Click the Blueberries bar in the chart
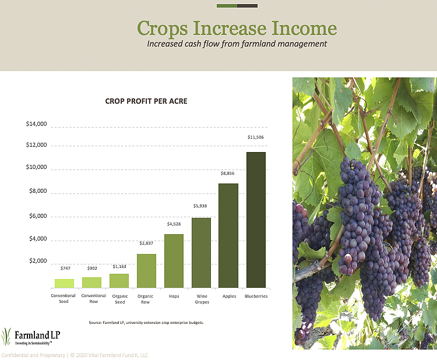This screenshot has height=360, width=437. (x=256, y=220)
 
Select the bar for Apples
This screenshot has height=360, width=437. (x=228, y=235)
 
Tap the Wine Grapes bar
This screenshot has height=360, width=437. (x=201, y=252)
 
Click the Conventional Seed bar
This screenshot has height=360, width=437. (x=64, y=283)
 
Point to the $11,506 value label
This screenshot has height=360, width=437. (x=256, y=137)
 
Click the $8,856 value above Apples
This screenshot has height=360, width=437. (x=228, y=173)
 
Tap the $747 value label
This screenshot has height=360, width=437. (x=65, y=267)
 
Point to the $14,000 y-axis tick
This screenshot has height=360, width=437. (x=37, y=124)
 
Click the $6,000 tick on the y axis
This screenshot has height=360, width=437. (x=38, y=216)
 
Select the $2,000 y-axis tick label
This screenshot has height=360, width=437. (x=38, y=261)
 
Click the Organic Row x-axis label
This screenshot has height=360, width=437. (x=146, y=299)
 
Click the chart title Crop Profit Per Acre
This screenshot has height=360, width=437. (x=146, y=101)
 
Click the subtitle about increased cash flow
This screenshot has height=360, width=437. (x=237, y=44)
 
